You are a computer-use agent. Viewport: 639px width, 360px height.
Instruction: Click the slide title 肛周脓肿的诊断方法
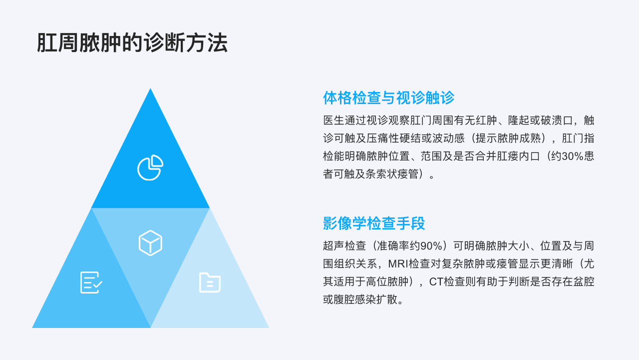[132, 43]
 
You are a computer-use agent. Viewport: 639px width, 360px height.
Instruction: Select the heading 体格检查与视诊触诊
[388, 97]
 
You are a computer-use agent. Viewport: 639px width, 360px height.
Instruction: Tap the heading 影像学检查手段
[374, 223]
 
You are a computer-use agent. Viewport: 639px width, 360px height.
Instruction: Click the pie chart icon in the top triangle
[150, 167]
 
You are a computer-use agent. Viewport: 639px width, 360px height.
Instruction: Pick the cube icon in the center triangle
[150, 243]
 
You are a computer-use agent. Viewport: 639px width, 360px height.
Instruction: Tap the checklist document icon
[91, 282]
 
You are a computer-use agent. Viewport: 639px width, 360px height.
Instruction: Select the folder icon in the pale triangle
[210, 282]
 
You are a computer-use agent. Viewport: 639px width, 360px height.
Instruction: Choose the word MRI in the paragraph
[398, 263]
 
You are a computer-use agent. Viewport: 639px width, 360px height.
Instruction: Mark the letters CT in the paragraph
[436, 281]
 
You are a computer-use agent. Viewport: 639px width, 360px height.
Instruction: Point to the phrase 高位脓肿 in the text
[387, 281]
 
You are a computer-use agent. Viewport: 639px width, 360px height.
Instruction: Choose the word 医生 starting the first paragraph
[334, 120]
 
